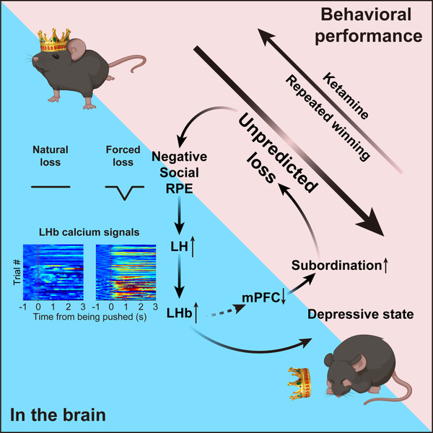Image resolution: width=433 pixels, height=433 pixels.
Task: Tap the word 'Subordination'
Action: pos(333,267)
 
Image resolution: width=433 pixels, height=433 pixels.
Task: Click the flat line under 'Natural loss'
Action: pos(51,186)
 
